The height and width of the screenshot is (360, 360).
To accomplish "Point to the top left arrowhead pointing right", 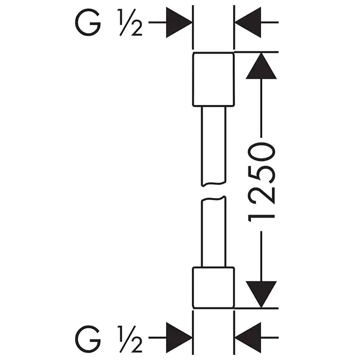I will tap(179, 23).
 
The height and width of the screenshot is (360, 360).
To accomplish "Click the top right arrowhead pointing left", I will tap(247, 23).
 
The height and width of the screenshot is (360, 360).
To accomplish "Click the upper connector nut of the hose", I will tap(213, 79).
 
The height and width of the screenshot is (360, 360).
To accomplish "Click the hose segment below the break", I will tap(213, 231).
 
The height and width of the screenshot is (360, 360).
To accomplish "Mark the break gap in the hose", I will tap(213, 191).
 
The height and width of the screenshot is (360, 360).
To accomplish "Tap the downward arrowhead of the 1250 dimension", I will tap(261, 294).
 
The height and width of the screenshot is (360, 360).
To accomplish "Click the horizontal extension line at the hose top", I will tap(257, 52).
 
